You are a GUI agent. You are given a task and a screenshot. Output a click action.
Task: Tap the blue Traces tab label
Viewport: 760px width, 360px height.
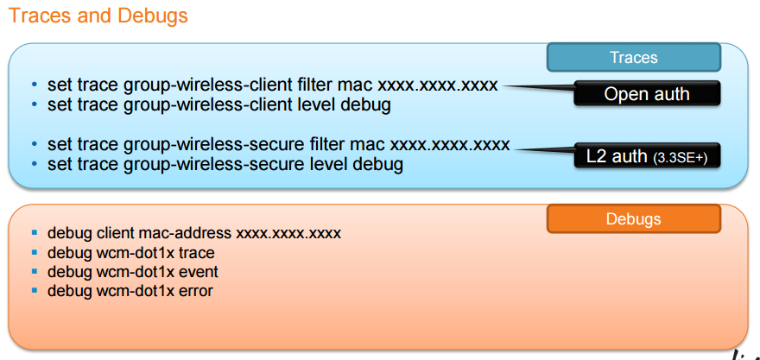pos(634,58)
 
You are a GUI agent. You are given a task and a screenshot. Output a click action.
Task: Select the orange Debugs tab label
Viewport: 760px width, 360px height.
pos(634,220)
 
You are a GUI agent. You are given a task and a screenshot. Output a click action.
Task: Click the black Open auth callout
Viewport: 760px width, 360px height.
pos(647,94)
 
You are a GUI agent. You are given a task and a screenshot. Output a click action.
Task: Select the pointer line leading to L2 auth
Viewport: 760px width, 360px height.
pos(545,148)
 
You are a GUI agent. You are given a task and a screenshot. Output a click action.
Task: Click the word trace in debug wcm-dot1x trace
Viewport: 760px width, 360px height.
pos(197,253)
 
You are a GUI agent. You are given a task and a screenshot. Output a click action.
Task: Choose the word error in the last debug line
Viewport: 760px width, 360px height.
pos(195,291)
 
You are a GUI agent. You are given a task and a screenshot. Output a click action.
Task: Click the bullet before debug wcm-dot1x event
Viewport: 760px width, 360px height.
pos(35,272)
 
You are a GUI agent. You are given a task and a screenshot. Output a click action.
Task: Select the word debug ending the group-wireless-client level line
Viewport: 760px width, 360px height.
pos(368,105)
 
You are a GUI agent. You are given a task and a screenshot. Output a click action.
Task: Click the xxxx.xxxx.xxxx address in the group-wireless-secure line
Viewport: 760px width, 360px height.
pos(450,144)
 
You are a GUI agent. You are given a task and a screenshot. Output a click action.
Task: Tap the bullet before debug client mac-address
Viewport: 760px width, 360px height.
pos(35,233)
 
